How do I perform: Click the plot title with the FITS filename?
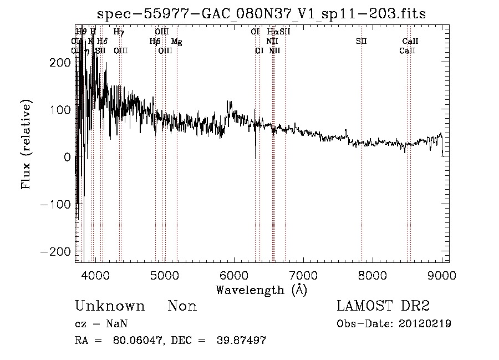(x=261, y=14)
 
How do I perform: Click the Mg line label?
(x=176, y=42)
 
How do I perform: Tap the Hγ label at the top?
(x=119, y=32)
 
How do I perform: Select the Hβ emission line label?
(x=155, y=42)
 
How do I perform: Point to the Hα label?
(x=272, y=32)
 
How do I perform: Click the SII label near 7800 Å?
(x=361, y=42)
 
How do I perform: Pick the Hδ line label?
(x=102, y=42)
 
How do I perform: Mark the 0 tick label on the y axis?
(x=67, y=157)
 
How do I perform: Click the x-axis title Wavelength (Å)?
(x=261, y=290)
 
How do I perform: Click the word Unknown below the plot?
(x=110, y=306)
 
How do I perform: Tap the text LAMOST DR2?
(x=383, y=306)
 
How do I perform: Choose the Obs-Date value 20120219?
(x=424, y=324)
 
